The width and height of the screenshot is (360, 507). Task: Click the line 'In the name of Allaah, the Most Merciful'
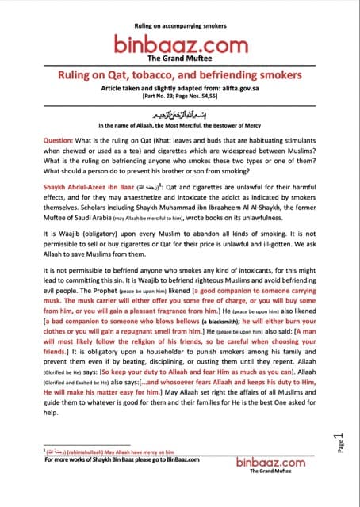point(179,125)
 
